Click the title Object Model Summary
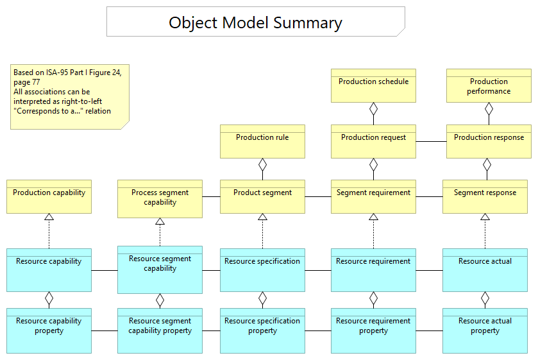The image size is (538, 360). (x=255, y=22)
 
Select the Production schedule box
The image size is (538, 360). (x=373, y=86)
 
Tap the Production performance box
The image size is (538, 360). (x=489, y=86)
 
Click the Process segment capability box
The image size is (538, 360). (x=160, y=198)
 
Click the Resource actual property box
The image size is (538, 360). (x=485, y=330)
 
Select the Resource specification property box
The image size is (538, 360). (x=262, y=330)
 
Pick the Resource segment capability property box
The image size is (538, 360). (x=160, y=330)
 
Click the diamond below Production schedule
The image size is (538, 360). (x=373, y=108)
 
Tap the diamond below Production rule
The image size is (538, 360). (x=262, y=164)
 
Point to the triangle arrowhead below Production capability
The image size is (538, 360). (x=49, y=218)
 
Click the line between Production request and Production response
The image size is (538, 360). (x=431, y=141)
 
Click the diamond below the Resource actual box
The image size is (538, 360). (x=485, y=298)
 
